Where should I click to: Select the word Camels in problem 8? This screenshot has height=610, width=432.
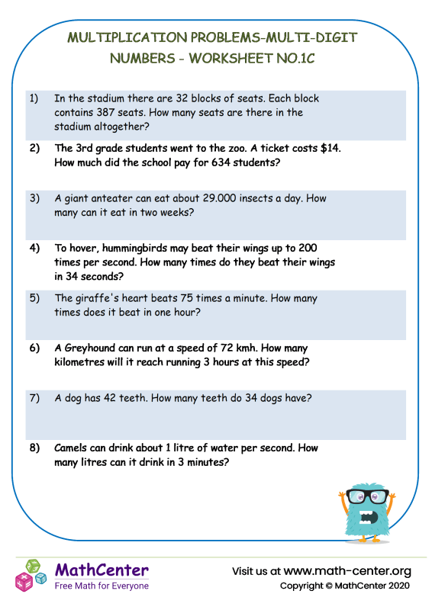tap(73, 448)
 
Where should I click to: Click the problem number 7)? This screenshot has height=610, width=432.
tap(34, 397)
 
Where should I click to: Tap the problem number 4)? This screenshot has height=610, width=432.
tap(34, 249)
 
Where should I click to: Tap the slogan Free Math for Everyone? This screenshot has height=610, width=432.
tap(102, 586)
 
